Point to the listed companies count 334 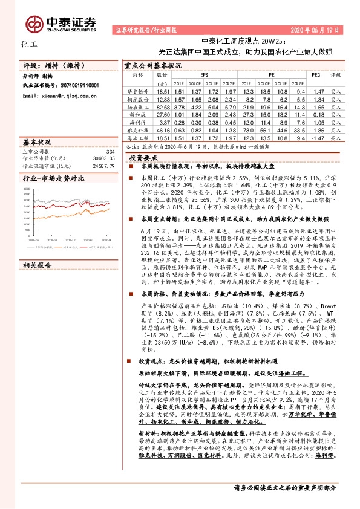coord(110,151)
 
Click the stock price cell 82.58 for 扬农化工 coord(163,106)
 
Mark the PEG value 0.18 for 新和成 coord(315,114)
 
